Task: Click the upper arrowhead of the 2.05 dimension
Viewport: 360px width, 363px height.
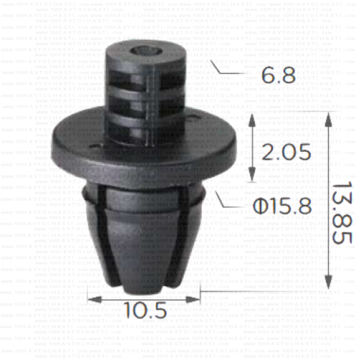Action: [252, 118]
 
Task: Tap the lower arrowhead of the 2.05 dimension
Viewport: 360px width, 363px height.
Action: [252, 179]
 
